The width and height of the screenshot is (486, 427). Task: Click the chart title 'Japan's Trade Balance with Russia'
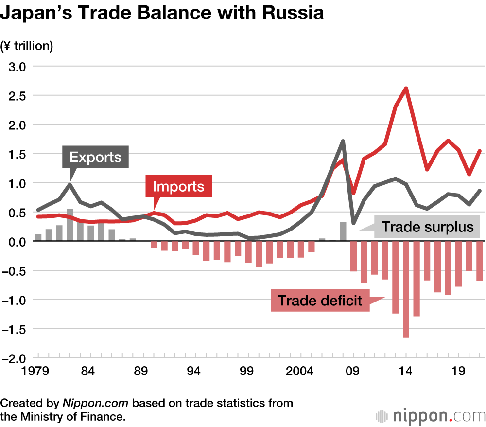click(x=162, y=14)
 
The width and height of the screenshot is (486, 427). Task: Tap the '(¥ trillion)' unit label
click(x=27, y=46)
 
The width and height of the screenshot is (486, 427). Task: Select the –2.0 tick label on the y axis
click(x=17, y=358)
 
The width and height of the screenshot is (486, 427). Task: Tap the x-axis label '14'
click(x=406, y=373)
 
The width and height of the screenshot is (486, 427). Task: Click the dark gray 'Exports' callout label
click(x=95, y=157)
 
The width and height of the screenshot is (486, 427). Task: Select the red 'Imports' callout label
click(x=179, y=186)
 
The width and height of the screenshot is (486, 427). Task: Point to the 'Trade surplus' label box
click(x=427, y=227)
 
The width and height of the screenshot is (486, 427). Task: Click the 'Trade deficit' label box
click(x=319, y=301)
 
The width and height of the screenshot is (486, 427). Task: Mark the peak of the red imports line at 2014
click(x=406, y=89)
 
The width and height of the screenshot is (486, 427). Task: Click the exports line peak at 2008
click(x=343, y=142)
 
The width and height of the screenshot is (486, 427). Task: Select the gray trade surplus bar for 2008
click(x=343, y=231)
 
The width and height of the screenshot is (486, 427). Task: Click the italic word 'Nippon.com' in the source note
click(x=95, y=403)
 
